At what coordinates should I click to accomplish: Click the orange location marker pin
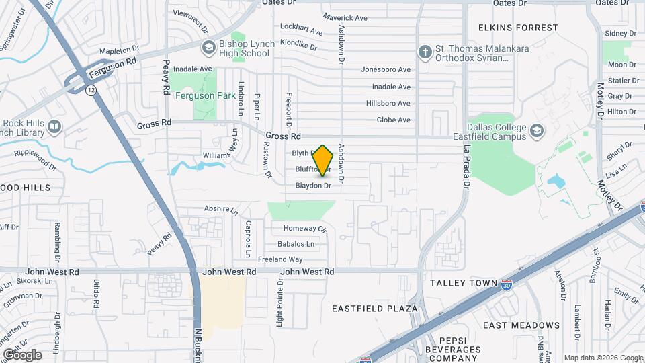tap(323, 160)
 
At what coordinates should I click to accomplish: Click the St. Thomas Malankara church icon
tap(425, 52)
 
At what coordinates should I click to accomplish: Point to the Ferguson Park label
tap(196, 95)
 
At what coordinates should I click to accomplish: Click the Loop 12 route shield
tap(90, 89)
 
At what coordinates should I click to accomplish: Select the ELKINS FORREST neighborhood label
tap(518, 28)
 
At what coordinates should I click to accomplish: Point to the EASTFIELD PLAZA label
tap(375, 309)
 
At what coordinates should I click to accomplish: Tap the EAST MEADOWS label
tap(521, 325)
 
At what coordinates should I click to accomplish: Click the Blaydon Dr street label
tap(314, 185)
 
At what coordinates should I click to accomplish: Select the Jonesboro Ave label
tap(386, 69)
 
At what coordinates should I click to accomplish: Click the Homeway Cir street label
tap(304, 229)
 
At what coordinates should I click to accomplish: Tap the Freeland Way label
tap(281, 259)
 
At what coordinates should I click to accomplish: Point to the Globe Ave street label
tap(393, 120)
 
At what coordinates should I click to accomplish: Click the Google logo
tap(22, 354)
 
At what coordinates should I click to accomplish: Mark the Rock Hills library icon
tap(54, 126)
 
